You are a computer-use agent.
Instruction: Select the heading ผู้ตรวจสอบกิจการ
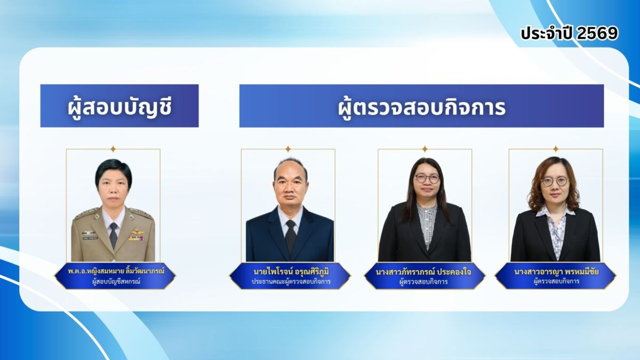coord(422,108)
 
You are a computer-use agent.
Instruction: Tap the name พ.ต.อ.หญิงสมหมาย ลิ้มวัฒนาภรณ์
coord(116,270)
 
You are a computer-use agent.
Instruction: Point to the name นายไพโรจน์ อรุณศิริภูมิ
coord(291,271)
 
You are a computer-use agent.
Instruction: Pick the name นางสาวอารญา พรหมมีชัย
coord(556,271)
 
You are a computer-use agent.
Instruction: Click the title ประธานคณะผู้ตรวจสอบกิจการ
coord(291,282)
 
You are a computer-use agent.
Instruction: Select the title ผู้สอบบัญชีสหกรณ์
coord(116,281)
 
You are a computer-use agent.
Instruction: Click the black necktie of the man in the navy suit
coord(291,236)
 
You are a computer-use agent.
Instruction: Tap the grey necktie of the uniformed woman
coord(114,234)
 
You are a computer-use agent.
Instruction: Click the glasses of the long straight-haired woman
coord(427,179)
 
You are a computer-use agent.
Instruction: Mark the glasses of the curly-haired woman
coord(554,181)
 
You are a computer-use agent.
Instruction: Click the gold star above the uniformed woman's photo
coord(113,149)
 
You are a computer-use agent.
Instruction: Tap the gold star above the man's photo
coord(288,149)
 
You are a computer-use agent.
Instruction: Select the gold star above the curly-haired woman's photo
coord(556,149)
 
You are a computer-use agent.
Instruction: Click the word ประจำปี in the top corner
coord(547,34)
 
